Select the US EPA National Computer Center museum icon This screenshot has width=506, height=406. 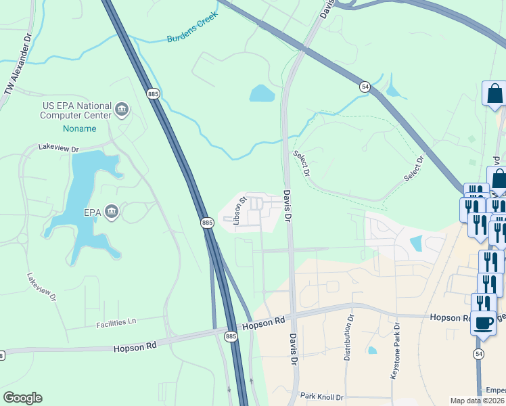tap(122, 109)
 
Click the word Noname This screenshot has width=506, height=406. tap(80, 128)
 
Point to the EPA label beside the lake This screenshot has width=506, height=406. tap(92, 212)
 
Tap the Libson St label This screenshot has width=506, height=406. tap(237, 211)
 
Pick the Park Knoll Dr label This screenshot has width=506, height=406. tap(322, 397)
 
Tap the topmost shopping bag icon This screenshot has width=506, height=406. tap(495, 93)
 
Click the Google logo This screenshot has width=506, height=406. tap(22, 397)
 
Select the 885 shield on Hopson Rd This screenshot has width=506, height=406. tap(231, 336)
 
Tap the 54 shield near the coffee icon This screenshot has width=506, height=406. tap(479, 354)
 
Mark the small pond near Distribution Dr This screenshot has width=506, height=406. tap(372, 351)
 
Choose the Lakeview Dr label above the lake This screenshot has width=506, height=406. tap(59, 147)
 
